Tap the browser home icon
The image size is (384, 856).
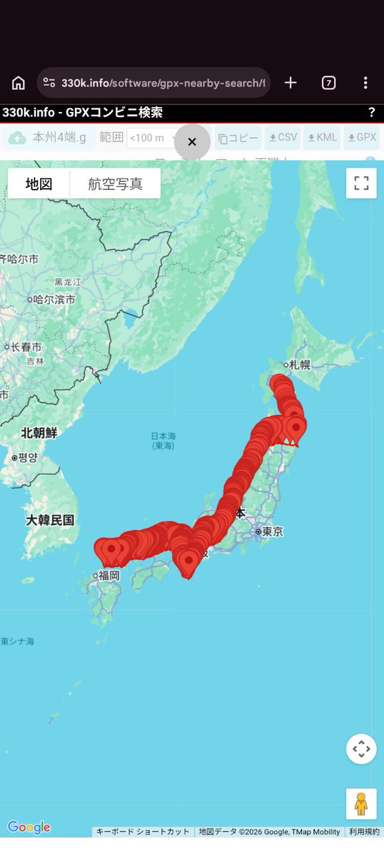(x=19, y=83)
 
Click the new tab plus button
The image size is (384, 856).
(x=290, y=83)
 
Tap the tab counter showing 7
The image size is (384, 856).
(x=328, y=83)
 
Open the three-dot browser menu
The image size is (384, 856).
(x=365, y=83)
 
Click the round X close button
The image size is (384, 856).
(x=192, y=142)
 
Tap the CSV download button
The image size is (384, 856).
(x=283, y=138)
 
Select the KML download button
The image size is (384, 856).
(x=321, y=138)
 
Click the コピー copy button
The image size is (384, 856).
(x=238, y=138)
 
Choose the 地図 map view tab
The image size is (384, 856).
(x=39, y=183)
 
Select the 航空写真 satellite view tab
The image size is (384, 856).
(x=115, y=183)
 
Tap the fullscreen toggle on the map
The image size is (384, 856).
(x=361, y=183)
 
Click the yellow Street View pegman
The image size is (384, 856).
(x=361, y=803)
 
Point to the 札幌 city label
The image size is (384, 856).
(x=300, y=365)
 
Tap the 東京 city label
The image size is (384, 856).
(x=272, y=531)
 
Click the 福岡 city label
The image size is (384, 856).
(x=108, y=575)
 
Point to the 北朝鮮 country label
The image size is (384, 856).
(x=39, y=433)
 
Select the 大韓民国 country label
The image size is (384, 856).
(x=50, y=520)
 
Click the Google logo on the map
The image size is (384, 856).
(x=29, y=827)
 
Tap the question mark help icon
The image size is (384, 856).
(x=371, y=113)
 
